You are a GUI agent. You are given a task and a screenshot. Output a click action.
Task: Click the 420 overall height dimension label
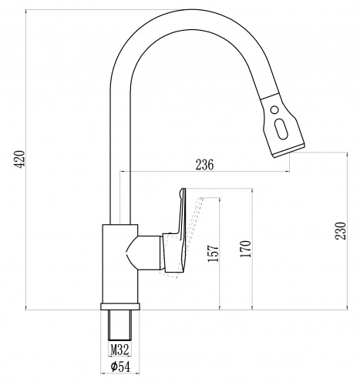tap(21, 159)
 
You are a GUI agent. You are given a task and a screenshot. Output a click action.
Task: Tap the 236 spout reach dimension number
tap(204, 165)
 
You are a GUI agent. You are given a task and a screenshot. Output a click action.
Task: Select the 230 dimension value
tap(341, 231)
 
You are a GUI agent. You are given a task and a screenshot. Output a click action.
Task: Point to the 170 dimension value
tap(245, 249)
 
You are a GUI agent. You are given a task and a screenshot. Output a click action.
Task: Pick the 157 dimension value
tap(213, 253)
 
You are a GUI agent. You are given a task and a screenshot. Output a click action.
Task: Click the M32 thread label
tap(119, 350)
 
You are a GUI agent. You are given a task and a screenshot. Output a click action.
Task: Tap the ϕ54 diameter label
tap(120, 367)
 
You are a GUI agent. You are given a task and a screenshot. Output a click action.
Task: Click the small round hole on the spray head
tap(274, 110)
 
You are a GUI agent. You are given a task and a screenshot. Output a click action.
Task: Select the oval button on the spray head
tap(281, 129)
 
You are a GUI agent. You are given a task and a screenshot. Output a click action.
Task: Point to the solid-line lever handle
tap(177, 231)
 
